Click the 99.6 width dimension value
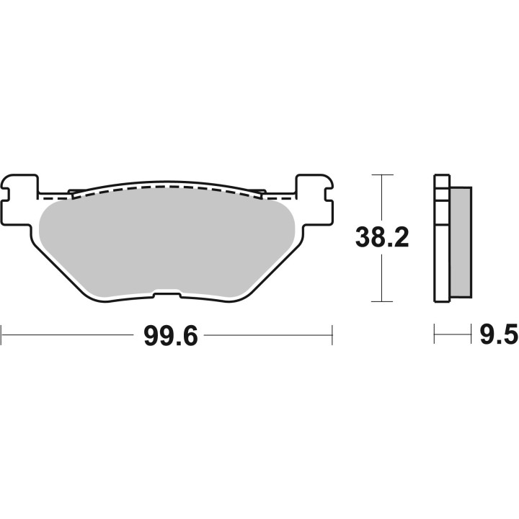click(x=171, y=335)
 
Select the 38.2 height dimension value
click(x=382, y=237)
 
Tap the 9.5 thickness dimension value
click(x=497, y=335)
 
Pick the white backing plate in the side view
click(x=440, y=238)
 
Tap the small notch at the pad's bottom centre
click(x=167, y=294)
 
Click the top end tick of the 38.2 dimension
click(x=382, y=175)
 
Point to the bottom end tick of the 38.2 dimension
click(x=382, y=301)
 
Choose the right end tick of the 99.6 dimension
click(x=332, y=334)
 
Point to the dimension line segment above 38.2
click(x=382, y=198)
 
